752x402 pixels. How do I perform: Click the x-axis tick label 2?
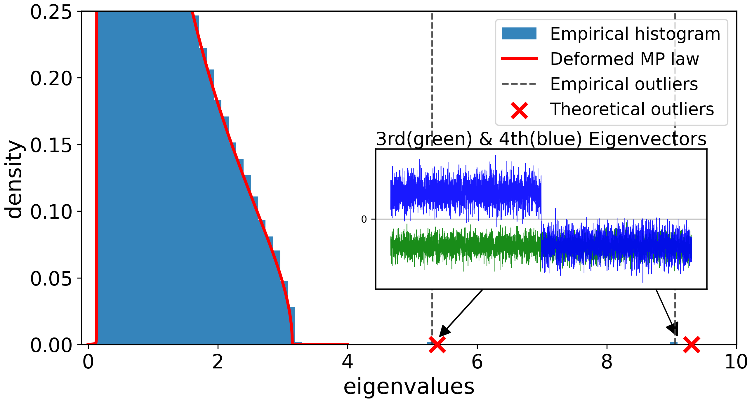click(218, 362)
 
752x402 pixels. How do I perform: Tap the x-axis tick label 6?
click(477, 362)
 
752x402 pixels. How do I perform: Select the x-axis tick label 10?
click(736, 362)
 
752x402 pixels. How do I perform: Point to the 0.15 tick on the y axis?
click(51, 145)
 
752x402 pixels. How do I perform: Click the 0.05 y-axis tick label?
click(51, 278)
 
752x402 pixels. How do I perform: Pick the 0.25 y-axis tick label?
click(51, 12)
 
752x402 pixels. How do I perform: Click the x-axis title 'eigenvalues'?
click(409, 387)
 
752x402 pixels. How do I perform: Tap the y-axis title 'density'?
click(14, 180)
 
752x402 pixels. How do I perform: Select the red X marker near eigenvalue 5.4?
click(437, 344)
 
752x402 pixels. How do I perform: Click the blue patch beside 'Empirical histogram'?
click(519, 33)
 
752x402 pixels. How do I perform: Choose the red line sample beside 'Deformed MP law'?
click(519, 59)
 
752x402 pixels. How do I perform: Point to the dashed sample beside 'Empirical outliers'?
click(519, 84)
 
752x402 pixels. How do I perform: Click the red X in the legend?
click(519, 110)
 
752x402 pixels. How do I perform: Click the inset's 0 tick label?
click(364, 219)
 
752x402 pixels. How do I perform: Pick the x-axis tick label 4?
click(348, 362)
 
